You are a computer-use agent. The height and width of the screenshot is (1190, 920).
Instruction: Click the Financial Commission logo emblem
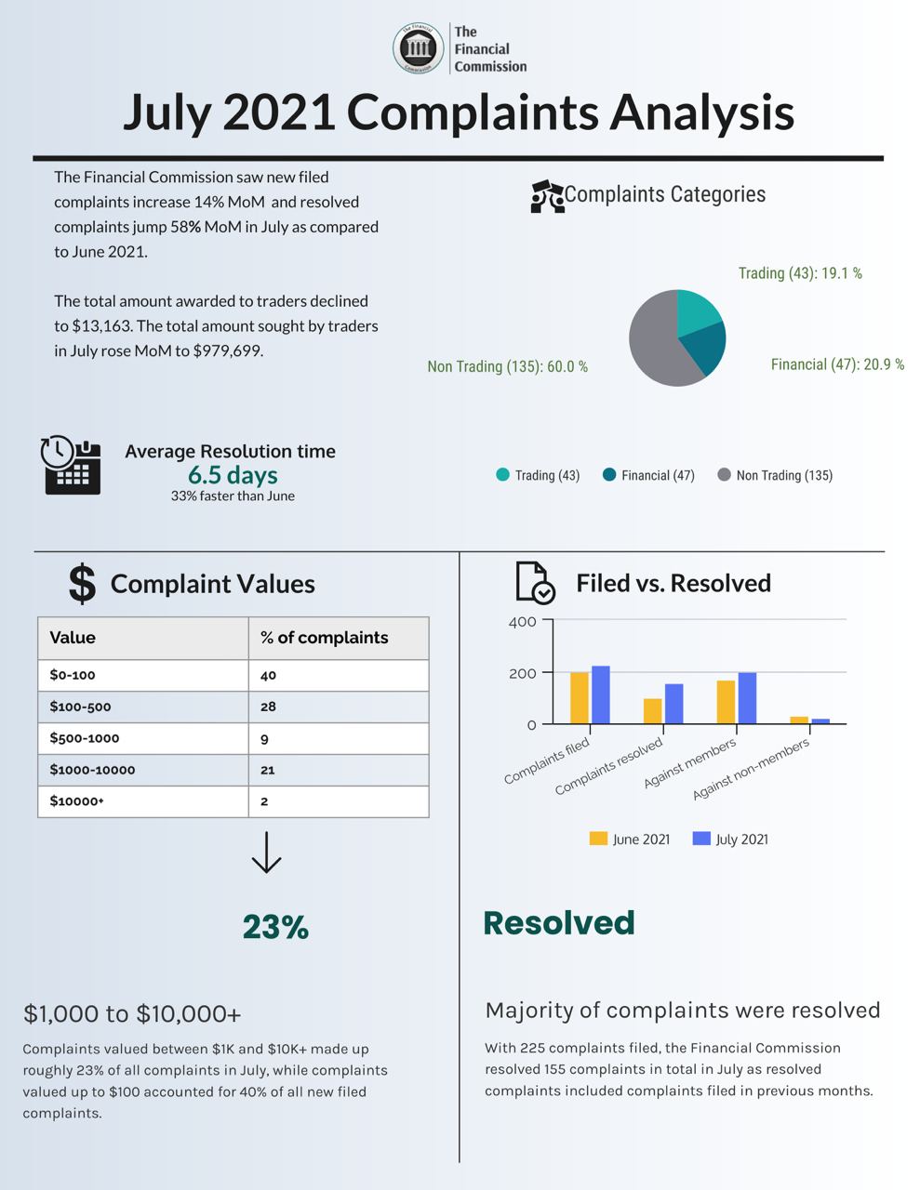coord(418,48)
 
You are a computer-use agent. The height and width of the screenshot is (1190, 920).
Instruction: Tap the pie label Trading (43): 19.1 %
coord(800,273)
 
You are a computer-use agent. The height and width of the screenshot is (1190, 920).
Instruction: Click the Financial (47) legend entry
coord(648,475)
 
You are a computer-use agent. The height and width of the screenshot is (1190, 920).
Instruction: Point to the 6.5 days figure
coord(233,475)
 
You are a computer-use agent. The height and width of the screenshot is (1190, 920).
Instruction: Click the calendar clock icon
coord(71,464)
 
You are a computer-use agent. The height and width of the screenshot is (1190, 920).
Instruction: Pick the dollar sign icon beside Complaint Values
coord(82,584)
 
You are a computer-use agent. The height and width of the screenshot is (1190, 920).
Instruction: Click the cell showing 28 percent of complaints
coord(268,707)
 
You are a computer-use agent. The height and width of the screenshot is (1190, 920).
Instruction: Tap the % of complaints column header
coord(324,638)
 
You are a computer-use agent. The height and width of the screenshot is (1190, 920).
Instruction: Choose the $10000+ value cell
coord(77,801)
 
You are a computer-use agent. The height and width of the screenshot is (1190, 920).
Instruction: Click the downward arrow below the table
coord(266,853)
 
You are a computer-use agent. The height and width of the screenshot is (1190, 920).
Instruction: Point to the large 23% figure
coord(275,927)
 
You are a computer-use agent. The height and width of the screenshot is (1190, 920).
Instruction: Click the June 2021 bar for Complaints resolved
coord(652,711)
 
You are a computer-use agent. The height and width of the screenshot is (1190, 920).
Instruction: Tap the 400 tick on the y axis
coord(523,621)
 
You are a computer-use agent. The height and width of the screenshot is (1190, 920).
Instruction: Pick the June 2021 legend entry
coord(630,839)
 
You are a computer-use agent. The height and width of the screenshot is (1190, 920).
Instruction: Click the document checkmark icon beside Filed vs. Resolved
coord(535,583)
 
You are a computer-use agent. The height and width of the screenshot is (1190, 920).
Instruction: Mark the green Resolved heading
coord(558,922)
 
